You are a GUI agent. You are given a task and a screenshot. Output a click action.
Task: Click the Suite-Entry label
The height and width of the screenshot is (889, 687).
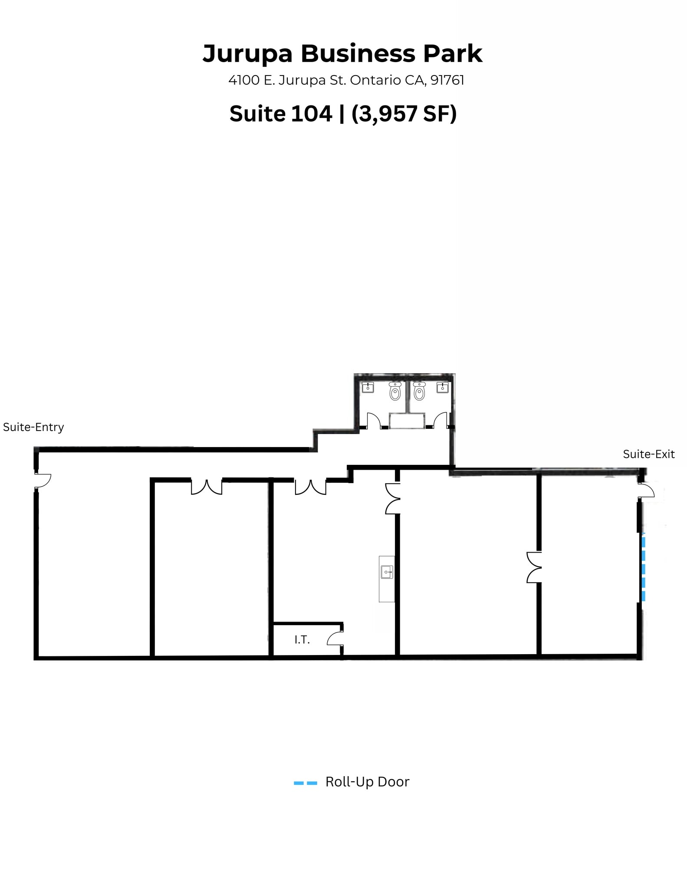(33, 427)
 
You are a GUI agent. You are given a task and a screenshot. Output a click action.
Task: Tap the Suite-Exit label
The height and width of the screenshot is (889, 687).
(648, 454)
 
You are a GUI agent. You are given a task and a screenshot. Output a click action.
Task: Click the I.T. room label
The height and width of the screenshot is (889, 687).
(302, 639)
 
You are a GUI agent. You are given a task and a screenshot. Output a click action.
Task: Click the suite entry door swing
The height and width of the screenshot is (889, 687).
(43, 480)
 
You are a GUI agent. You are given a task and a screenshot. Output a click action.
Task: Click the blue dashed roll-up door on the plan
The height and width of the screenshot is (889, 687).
(643, 569)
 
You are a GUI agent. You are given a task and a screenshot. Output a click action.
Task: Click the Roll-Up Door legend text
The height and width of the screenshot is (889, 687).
(367, 782)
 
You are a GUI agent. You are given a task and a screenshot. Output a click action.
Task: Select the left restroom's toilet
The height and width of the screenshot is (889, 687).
(394, 392)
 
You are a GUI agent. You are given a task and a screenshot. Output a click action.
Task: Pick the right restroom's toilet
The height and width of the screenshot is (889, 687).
(419, 392)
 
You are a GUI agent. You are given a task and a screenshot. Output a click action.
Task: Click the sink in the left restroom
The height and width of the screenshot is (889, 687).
(368, 387)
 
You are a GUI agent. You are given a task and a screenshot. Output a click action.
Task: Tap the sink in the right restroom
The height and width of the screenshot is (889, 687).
(442, 387)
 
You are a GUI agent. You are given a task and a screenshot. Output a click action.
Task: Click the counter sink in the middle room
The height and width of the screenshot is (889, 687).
(387, 572)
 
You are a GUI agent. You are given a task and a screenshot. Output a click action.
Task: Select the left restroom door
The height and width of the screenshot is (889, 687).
(373, 420)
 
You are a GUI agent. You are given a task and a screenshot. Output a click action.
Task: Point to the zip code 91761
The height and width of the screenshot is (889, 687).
(447, 80)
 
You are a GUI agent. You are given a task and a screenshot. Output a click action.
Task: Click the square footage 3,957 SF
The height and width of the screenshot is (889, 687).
(404, 114)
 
